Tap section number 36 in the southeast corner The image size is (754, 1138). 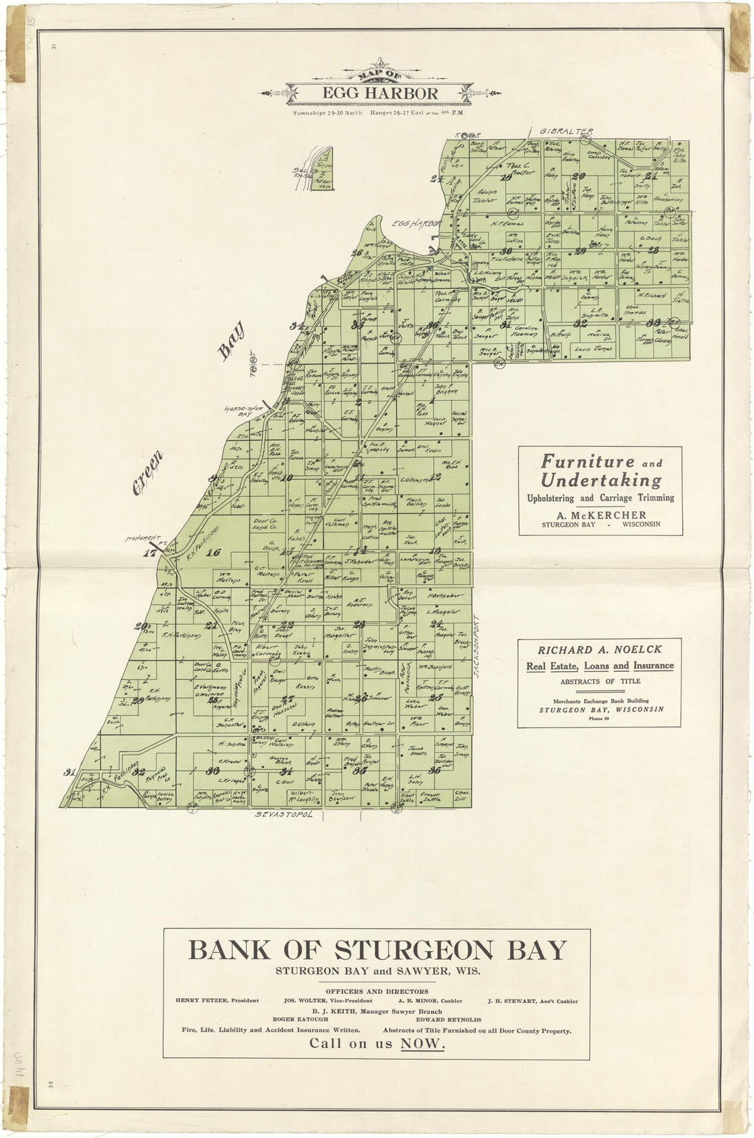pos(434,770)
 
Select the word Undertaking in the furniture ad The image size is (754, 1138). pos(600,479)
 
